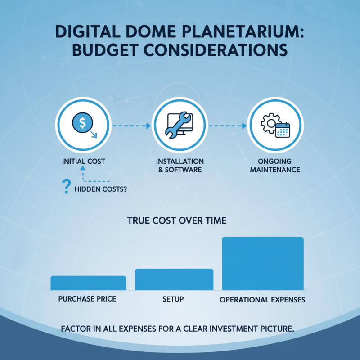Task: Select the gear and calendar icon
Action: click(x=275, y=125)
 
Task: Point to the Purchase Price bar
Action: click(x=88, y=283)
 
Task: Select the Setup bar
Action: click(x=174, y=279)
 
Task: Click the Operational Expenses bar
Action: click(x=263, y=263)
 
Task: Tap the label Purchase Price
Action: click(x=87, y=299)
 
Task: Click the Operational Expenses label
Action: click(x=262, y=299)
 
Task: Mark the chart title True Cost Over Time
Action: click(x=177, y=221)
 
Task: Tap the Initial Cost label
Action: click(x=83, y=161)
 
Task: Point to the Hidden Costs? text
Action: click(x=99, y=189)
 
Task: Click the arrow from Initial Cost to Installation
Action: click(x=131, y=126)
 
